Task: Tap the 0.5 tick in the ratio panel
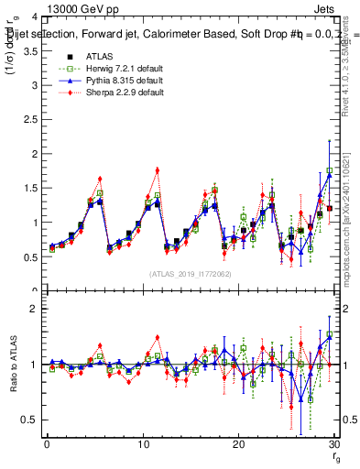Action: click(x=29, y=420)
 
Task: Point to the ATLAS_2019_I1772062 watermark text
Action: click(x=189, y=274)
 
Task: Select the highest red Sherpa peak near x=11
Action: click(x=158, y=169)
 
